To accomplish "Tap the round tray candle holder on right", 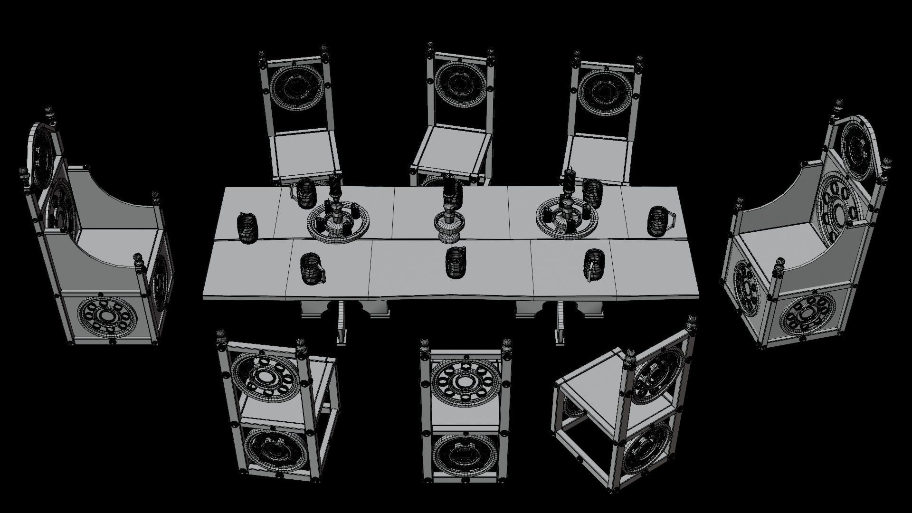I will (x=566, y=216).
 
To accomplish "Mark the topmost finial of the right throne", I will (x=840, y=107).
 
